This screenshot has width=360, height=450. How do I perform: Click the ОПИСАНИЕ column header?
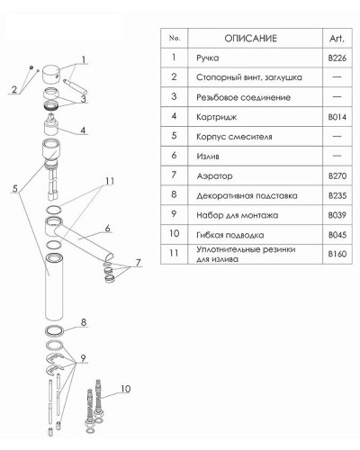[x=250, y=39]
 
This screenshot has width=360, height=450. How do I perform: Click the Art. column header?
[x=337, y=39]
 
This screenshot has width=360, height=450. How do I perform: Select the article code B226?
[x=337, y=58]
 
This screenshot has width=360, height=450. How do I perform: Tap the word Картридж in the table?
[x=216, y=117]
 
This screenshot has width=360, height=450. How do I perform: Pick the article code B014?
[x=337, y=116]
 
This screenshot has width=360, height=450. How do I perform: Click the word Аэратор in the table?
[x=214, y=175]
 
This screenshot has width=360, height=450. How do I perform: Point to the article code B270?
[x=337, y=175]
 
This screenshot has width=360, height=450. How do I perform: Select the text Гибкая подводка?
[x=230, y=235]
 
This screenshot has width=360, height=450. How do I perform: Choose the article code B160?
[x=337, y=254]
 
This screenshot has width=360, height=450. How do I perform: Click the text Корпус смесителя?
[x=234, y=137]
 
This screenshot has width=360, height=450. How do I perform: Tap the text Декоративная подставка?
[x=247, y=195]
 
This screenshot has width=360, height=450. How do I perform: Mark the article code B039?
[x=337, y=215]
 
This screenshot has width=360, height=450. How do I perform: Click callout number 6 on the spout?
[x=108, y=229]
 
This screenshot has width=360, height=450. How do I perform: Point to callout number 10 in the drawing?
[x=125, y=389]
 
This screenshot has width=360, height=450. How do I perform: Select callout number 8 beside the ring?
[x=84, y=322]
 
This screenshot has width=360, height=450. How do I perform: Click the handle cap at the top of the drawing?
[x=51, y=74]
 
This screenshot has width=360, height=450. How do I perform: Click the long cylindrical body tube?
[x=54, y=287]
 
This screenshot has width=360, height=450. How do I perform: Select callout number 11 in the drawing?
[x=110, y=181]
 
